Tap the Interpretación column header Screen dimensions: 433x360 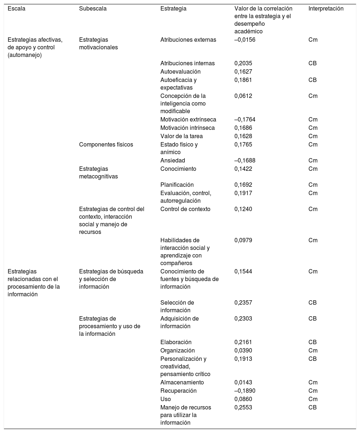click(326, 9)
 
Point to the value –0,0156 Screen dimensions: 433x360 click(245, 40)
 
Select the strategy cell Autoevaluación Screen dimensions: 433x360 click(180, 71)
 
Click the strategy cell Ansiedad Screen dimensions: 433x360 click(173, 160)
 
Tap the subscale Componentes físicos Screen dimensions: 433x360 click(106, 144)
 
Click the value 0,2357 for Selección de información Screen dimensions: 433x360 click(243, 302)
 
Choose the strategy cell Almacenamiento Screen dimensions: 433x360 click(182, 382)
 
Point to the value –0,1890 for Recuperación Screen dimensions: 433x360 click(245, 391)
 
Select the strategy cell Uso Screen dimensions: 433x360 click(165, 399)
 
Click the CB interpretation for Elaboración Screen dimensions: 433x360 click(312, 342)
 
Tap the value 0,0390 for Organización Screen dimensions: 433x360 click(243, 350)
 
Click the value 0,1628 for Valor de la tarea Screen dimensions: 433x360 click(243, 136)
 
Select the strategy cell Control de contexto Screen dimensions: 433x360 click(185, 209)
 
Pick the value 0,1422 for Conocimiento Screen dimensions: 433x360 click(243, 169)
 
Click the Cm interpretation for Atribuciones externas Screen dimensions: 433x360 click(313, 40)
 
